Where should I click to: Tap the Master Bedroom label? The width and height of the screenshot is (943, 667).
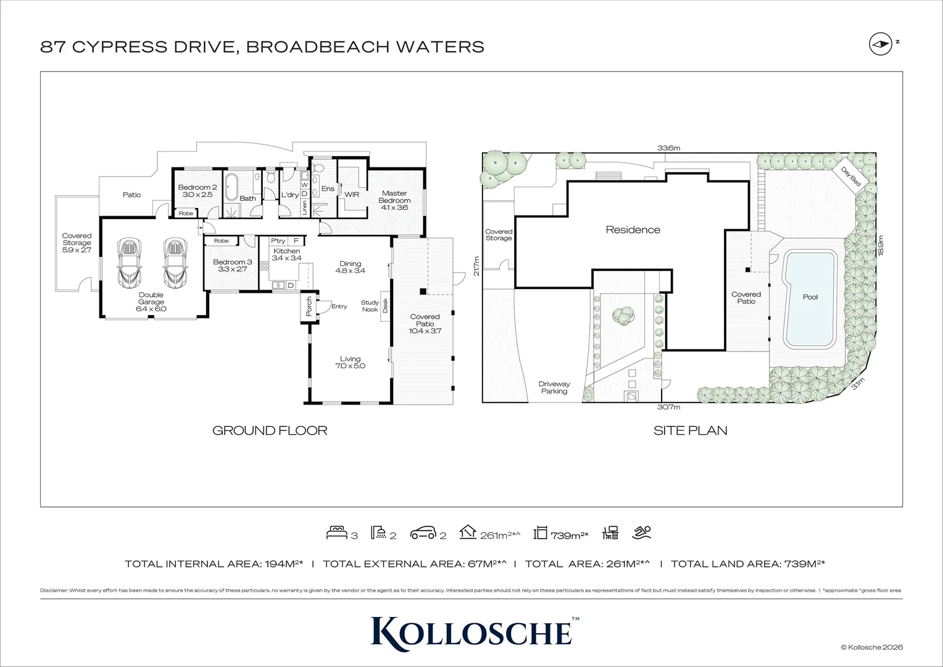(394, 200)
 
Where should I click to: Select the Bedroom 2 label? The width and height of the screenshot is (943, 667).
(197, 191)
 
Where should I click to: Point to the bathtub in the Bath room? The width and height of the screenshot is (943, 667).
(231, 186)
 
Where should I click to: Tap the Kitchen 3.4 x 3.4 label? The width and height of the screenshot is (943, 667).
(286, 254)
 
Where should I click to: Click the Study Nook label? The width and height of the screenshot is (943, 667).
(370, 306)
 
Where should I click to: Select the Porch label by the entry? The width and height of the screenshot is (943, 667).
(309, 306)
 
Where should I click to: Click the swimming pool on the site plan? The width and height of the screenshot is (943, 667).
(809, 299)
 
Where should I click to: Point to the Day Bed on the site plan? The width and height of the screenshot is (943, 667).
(850, 176)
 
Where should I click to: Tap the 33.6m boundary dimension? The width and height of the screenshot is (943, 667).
(668, 148)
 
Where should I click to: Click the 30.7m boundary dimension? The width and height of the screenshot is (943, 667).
(668, 407)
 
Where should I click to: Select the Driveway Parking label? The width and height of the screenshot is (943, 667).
(554, 388)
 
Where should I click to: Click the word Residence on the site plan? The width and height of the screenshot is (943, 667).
(633, 230)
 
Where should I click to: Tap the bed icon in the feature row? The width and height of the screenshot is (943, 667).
(336, 532)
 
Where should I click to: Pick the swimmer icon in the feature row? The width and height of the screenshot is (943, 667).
(642, 532)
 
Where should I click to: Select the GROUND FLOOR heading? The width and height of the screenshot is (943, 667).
(270, 430)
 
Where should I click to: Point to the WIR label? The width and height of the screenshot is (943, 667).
(352, 195)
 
